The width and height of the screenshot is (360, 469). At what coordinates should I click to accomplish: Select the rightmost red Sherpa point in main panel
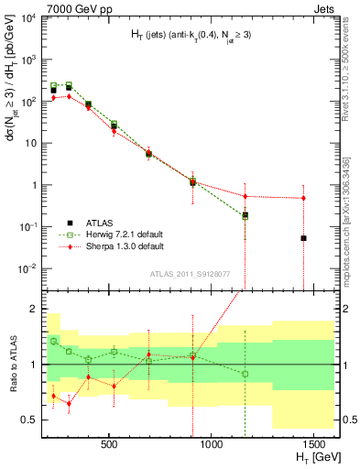pyautogui.click(x=303, y=198)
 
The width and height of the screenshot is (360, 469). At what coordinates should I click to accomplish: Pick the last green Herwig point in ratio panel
pyautogui.click(x=245, y=374)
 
